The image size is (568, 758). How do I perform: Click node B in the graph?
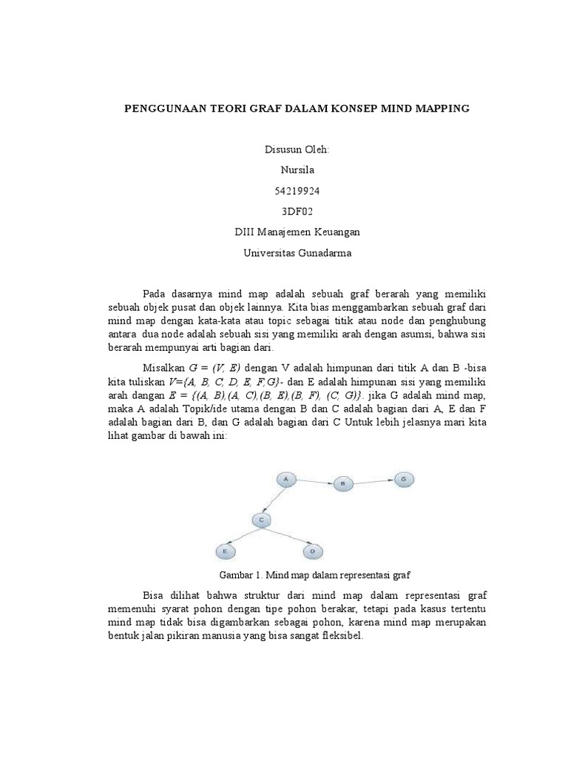[343, 483]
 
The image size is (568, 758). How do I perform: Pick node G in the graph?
[403, 479]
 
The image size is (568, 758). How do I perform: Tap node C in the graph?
[261, 520]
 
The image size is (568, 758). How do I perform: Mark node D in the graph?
[313, 551]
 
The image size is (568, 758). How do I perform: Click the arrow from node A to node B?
[315, 482]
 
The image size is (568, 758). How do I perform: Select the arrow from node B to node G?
[373, 481]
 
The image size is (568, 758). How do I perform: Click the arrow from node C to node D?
[288, 537]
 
